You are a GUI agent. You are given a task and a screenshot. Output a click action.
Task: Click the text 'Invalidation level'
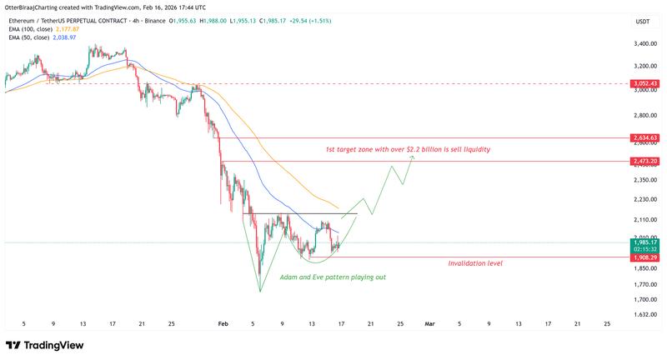click(x=476, y=263)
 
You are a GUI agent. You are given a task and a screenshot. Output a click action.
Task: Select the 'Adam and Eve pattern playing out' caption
click(x=333, y=277)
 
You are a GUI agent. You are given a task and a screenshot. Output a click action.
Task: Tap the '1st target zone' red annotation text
click(x=408, y=149)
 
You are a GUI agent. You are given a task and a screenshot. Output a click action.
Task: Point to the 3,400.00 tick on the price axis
click(x=642, y=43)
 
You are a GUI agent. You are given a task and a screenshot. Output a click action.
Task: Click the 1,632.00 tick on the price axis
click(x=642, y=314)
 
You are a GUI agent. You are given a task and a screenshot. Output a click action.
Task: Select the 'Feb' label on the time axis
click(x=223, y=322)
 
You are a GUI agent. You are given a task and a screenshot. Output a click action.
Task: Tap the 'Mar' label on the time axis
click(x=429, y=322)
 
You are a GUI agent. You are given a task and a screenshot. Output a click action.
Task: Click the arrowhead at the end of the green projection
click(x=413, y=156)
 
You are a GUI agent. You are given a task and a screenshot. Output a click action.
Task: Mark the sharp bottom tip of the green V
click(x=260, y=291)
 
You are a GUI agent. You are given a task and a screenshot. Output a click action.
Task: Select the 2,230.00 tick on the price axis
click(x=642, y=199)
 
